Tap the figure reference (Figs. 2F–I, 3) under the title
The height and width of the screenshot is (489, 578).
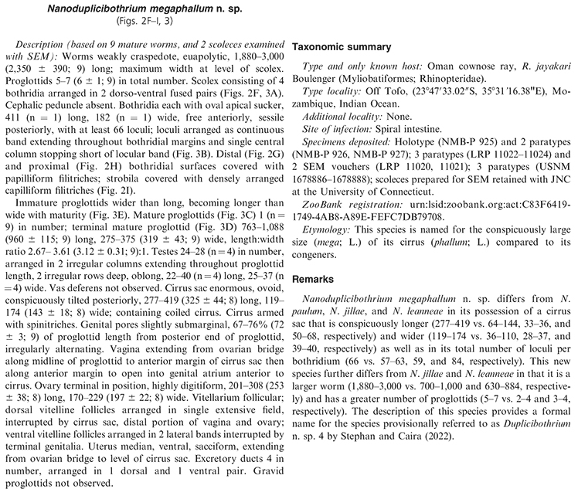click(143, 19)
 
